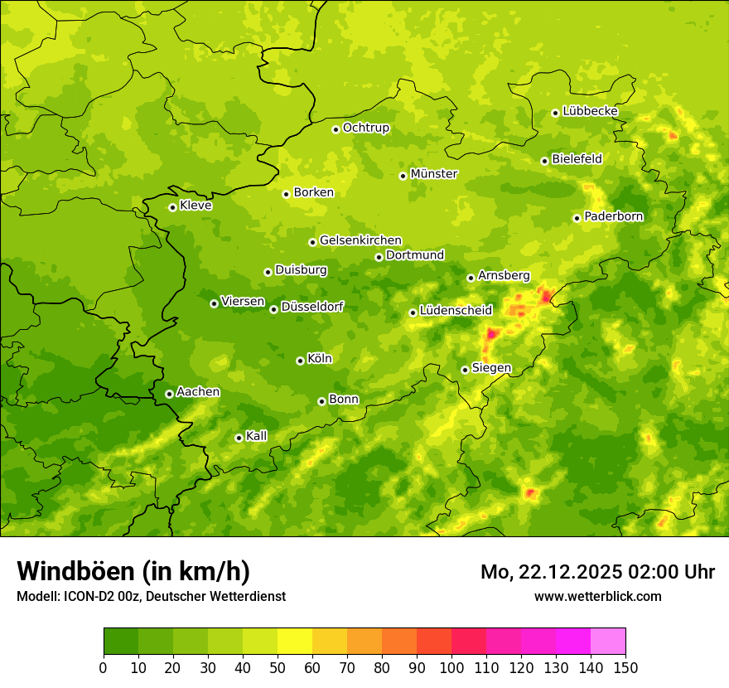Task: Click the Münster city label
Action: coord(434,174)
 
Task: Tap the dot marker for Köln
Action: coord(300,361)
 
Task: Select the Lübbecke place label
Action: coord(590,111)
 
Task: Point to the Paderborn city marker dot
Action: coord(577,218)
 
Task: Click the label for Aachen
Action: coord(198,392)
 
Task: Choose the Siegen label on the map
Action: coord(491,368)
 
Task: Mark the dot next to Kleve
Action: coord(172,207)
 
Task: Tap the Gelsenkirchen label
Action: coord(360,240)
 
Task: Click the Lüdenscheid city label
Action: coord(456,311)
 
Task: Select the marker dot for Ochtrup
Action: coord(336,129)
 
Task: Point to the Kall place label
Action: coord(256,436)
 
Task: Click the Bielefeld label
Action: coord(577,159)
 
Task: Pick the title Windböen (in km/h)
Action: coord(133,571)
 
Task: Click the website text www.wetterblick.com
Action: coord(597,596)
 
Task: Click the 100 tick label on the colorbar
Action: coord(451,667)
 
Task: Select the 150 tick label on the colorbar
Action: coord(625,667)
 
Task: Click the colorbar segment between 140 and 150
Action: coord(608,642)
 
